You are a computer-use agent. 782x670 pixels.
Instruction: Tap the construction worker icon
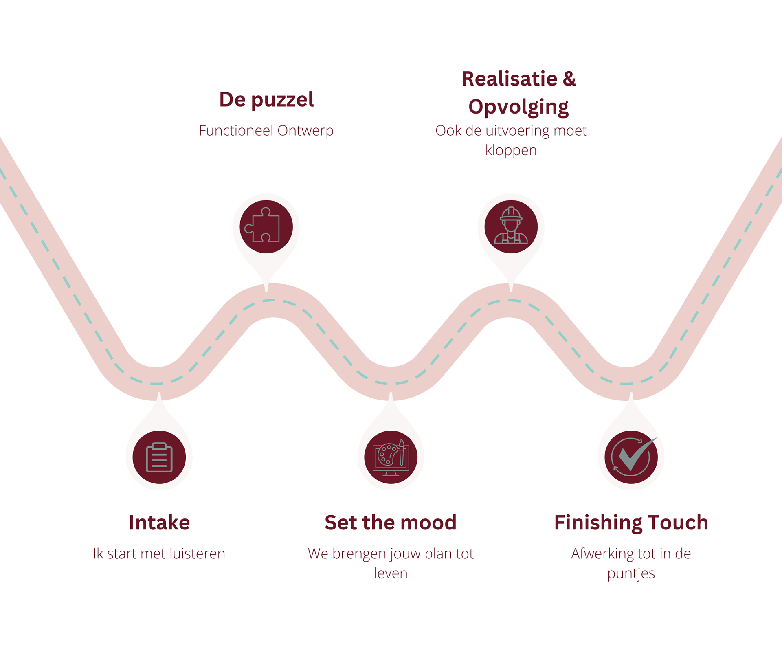[511, 226]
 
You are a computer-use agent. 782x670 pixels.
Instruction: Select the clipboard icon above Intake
[159, 457]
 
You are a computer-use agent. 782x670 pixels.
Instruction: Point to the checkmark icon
[631, 457]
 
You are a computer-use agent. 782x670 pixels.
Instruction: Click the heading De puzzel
[266, 100]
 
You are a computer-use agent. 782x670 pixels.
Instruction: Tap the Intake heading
[159, 523]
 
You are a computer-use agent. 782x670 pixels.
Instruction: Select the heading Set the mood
[391, 523]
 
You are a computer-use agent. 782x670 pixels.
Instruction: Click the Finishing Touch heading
[631, 523]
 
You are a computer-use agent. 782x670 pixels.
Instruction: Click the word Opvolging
[518, 107]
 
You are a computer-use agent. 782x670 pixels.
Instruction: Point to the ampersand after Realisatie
[569, 79]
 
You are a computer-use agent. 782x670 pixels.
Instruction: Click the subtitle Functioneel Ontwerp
[266, 131]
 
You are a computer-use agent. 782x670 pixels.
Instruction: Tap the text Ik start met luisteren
[159, 554]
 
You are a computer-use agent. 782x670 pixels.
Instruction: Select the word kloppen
[511, 151]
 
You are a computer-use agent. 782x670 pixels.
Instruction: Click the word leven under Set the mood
[391, 573]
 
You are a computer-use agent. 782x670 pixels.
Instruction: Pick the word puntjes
[631, 573]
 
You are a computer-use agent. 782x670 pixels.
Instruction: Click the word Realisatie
[509, 79]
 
